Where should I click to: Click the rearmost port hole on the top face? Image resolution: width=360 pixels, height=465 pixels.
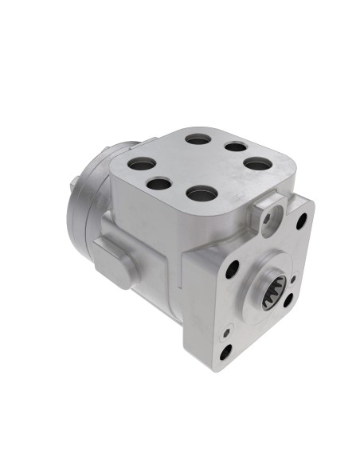(198, 139)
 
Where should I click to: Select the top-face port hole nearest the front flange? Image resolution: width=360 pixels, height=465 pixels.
(202, 193)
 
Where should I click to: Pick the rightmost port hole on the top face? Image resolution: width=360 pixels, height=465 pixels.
(254, 163)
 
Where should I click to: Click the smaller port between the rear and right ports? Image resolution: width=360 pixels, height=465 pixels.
(234, 147)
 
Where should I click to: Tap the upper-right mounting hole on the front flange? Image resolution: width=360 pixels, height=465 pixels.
(301, 221)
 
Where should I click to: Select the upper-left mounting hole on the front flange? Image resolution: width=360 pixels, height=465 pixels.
(233, 270)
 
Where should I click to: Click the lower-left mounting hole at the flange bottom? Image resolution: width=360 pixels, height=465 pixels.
(225, 351)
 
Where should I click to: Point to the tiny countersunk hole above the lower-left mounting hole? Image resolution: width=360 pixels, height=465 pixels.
(229, 327)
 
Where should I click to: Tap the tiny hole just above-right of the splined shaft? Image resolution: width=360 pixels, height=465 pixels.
(293, 279)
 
